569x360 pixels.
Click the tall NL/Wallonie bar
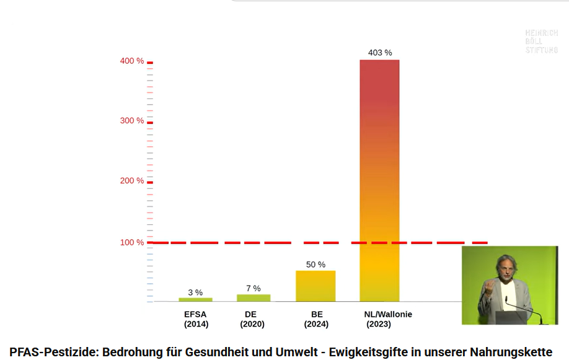click(x=379, y=180)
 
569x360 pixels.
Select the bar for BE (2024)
click(x=315, y=286)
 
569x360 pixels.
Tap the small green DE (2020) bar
click(x=253, y=298)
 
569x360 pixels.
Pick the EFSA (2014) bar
click(x=195, y=299)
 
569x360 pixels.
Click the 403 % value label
click(x=380, y=53)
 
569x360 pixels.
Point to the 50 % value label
click(x=315, y=265)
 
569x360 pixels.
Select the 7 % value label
click(x=253, y=288)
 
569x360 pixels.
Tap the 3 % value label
click(x=195, y=292)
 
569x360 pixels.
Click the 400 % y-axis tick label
click(x=131, y=61)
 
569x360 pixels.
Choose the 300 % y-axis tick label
click(x=131, y=120)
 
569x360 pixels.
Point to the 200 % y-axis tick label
click(x=131, y=181)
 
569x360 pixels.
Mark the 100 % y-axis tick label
click(x=131, y=242)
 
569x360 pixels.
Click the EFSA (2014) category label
click(x=196, y=319)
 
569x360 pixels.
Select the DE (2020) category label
click(x=251, y=319)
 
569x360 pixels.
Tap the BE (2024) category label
click(x=317, y=319)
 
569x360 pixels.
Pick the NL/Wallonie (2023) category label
click(x=388, y=319)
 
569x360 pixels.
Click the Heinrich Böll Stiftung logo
click(x=541, y=42)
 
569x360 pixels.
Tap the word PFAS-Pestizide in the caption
click(x=52, y=351)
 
